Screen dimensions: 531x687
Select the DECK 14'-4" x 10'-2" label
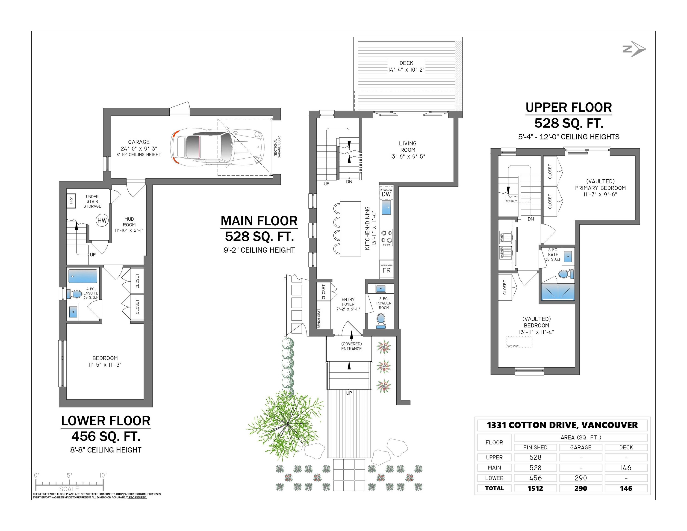click(406, 66)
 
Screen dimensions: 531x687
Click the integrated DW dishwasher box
click(386, 193)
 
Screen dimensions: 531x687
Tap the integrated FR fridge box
click(386, 270)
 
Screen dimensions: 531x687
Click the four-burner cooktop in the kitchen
click(386, 238)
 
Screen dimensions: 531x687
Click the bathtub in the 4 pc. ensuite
click(83, 276)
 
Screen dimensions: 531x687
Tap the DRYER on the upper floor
click(505, 237)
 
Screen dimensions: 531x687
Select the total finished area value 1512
click(535, 488)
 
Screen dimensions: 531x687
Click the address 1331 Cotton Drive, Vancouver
click(562, 425)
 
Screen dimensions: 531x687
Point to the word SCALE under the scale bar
click(69, 489)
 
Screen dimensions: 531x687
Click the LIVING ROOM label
click(408, 150)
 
